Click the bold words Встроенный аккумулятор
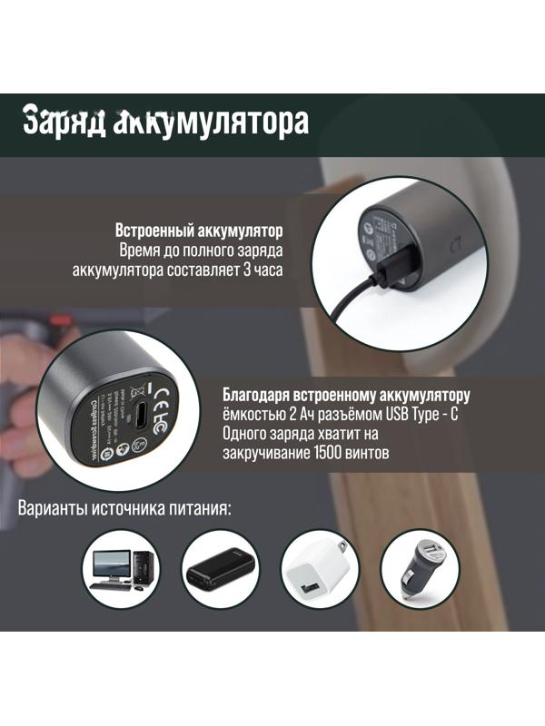coord(200,230)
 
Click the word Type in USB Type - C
coord(428,414)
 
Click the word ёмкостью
coord(253,414)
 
